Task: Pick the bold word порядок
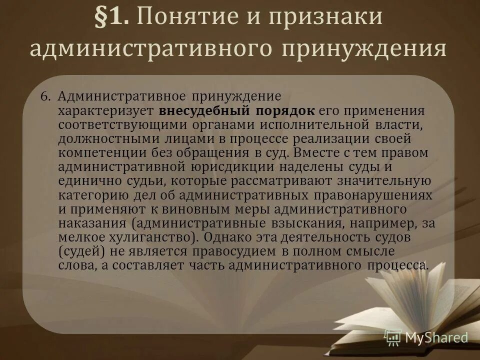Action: pyautogui.click(x=292, y=110)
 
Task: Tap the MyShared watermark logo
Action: pyautogui.click(x=426, y=337)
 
